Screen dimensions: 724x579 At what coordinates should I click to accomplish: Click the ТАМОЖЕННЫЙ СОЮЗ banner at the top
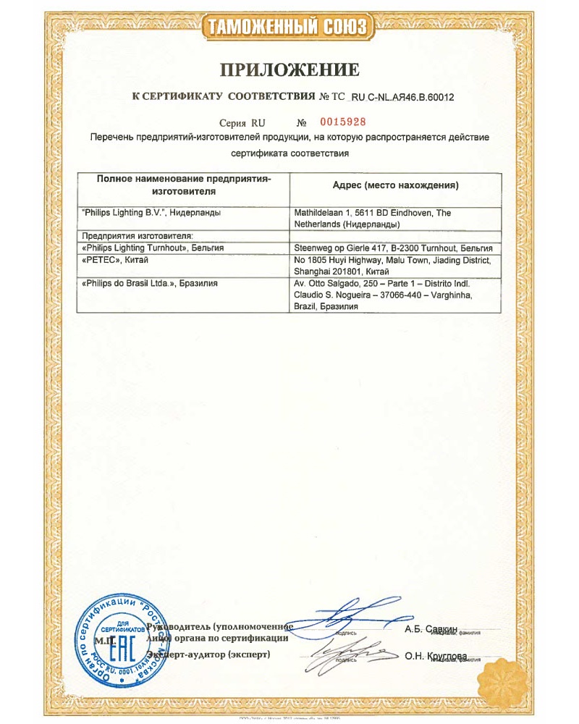tap(289, 28)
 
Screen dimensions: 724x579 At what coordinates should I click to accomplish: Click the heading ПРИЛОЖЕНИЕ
tap(289, 70)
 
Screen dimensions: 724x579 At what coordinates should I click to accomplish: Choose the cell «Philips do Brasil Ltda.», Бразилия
tap(151, 283)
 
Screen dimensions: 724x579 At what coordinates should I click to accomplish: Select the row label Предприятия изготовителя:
tap(138, 236)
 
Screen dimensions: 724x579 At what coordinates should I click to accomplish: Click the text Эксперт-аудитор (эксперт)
tap(210, 654)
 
